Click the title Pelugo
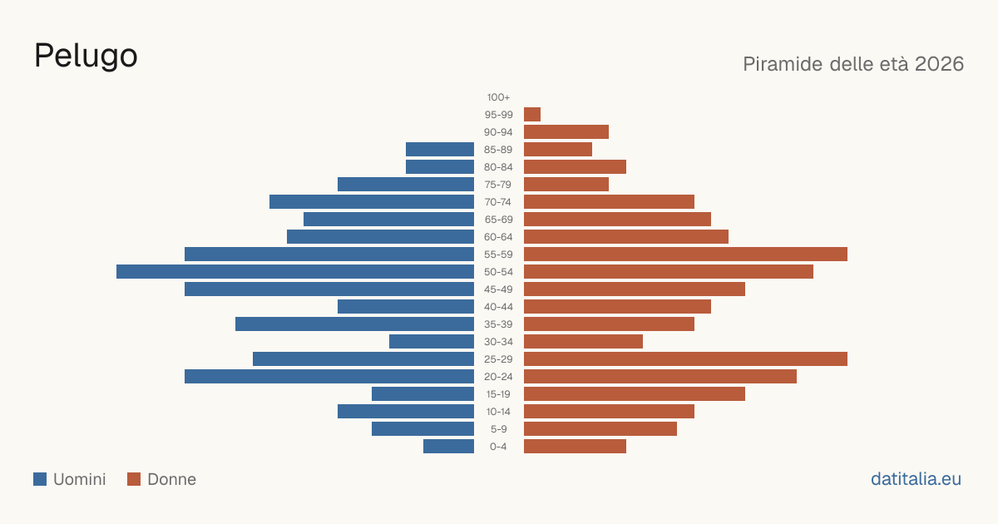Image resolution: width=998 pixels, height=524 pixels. click(x=86, y=57)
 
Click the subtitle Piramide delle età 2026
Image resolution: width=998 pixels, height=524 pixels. click(x=853, y=64)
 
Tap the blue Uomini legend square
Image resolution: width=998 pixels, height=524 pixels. click(x=40, y=479)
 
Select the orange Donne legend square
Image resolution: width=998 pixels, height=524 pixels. click(x=134, y=479)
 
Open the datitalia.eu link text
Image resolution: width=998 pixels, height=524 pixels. click(x=916, y=479)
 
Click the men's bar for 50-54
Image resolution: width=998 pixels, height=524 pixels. click(x=295, y=272)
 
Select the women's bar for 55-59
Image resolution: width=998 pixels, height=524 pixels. click(x=685, y=255)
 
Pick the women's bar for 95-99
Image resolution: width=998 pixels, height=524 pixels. click(x=532, y=115)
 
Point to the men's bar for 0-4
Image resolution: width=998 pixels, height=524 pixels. click(x=448, y=447)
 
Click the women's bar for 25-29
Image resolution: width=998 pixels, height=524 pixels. click(x=685, y=359)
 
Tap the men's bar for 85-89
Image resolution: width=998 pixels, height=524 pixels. click(x=440, y=150)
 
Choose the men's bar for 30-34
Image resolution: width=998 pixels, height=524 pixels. click(x=432, y=342)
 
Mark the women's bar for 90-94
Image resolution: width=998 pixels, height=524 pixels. click(x=566, y=132)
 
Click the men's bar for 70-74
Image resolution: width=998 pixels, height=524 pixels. click(x=372, y=202)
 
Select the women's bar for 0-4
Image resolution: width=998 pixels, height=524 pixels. click(x=576, y=447)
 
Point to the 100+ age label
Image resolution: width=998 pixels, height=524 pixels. click(x=498, y=97)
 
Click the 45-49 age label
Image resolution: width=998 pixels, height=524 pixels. click(x=498, y=289)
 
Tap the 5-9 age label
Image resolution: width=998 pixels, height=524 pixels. click(x=498, y=429)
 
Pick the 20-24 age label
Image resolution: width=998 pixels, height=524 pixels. click(x=498, y=377)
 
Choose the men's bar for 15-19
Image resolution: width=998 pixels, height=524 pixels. click(x=422, y=394)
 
